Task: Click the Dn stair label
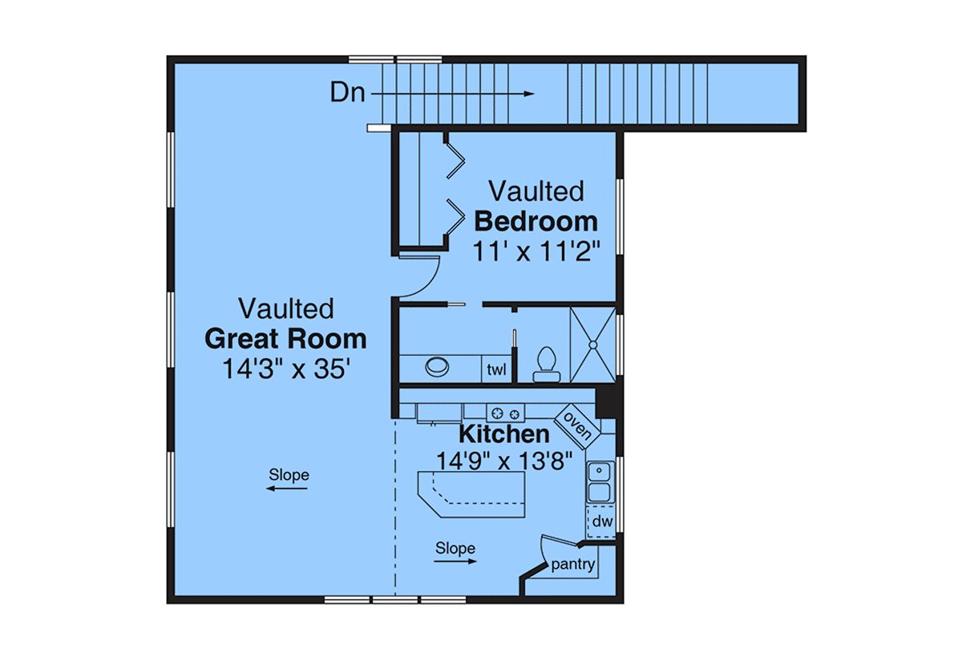347,92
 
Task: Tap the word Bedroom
536,221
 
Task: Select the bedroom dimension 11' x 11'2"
536,251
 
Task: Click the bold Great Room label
285,339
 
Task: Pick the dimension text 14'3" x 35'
286,369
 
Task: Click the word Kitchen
504,434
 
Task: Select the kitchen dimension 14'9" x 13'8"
504,462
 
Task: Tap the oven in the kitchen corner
576,426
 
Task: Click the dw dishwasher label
602,522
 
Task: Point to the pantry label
573,565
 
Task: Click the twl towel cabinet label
496,369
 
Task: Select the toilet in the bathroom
547,365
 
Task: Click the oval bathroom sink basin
437,367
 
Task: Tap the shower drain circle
593,345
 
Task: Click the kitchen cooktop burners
506,413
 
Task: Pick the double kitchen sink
600,482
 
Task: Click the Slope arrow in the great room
287,489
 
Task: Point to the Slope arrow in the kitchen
455,562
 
